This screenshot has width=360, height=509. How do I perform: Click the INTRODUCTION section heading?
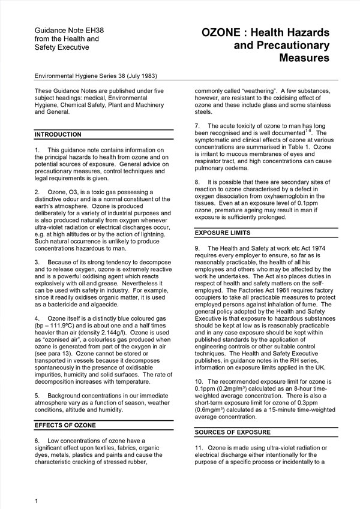pyautogui.click(x=58, y=134)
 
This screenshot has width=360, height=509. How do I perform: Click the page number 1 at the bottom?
pyautogui.click(x=37, y=500)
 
